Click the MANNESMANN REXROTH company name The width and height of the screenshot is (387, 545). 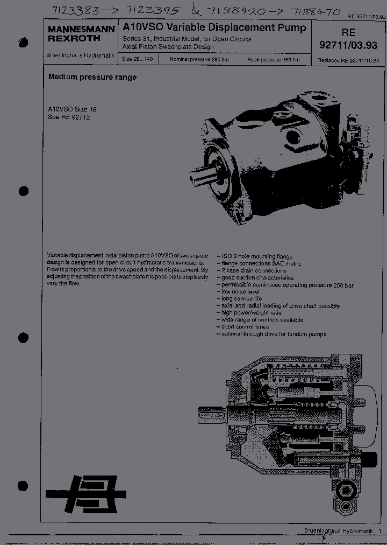(81, 34)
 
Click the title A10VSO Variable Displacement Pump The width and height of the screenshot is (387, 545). (214, 27)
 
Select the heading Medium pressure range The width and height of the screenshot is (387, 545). (92, 77)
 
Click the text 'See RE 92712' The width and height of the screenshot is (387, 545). (68, 117)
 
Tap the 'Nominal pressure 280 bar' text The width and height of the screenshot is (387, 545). (199, 59)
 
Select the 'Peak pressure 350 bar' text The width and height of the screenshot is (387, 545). (274, 59)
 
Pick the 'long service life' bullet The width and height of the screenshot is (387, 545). (241, 299)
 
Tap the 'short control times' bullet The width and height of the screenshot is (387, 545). (245, 327)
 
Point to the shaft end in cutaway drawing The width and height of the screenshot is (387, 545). (210, 418)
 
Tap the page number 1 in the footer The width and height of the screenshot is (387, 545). (379, 532)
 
